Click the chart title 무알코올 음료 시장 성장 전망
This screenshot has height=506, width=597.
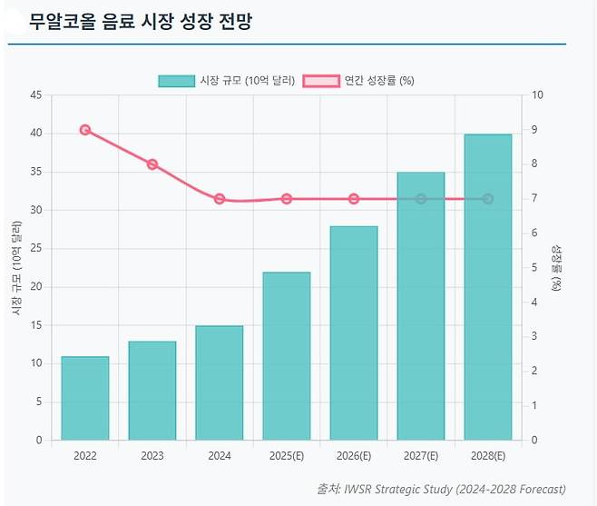[x=140, y=22]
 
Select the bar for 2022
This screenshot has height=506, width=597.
[x=85, y=398]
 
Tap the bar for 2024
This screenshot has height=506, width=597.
[x=220, y=382]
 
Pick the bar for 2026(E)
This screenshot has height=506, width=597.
[x=354, y=332]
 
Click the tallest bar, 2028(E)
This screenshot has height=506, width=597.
[x=488, y=287]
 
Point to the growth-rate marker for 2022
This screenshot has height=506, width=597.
[x=85, y=130]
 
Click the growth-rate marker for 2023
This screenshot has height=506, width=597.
[x=152, y=164]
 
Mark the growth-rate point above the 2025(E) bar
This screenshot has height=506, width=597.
[x=287, y=199]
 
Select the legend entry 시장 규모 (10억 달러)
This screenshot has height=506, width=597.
[x=226, y=81]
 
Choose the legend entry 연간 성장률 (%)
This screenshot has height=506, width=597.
[x=358, y=81]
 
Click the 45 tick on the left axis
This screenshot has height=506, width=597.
[x=35, y=95]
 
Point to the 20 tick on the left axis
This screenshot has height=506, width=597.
[x=35, y=287]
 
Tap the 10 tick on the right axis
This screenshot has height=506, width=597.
[x=537, y=95]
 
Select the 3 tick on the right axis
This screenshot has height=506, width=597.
[x=534, y=337]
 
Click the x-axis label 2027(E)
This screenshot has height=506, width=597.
[x=421, y=456]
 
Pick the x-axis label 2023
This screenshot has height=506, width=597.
[x=152, y=456]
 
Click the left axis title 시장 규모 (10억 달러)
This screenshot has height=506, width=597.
[x=16, y=267]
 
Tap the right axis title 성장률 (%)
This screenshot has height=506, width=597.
[x=557, y=267]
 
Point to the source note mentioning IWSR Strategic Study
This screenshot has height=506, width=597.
[x=441, y=489]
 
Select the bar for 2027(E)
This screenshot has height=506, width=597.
[x=421, y=306]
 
